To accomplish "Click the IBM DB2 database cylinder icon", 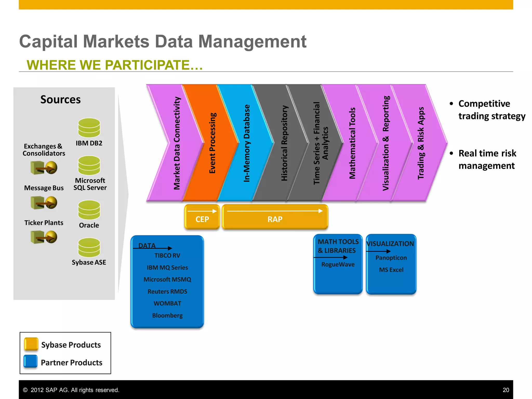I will click(89, 128).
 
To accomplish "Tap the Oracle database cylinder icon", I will click(89, 210).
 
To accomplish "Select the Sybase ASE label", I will click(89, 262).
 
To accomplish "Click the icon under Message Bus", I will click(44, 203).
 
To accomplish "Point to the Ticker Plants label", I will click(44, 223).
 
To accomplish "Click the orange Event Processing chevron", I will click(212, 143).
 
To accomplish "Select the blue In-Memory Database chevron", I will click(247, 143).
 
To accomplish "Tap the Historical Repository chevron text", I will click(284, 143).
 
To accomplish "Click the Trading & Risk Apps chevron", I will click(421, 143).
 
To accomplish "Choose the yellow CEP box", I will click(202, 219).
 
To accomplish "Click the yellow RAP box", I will click(275, 219).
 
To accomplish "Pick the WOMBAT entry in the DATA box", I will click(167, 303).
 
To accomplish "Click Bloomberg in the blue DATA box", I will click(167, 315).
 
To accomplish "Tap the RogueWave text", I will click(338, 264).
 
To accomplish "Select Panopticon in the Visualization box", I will click(391, 258).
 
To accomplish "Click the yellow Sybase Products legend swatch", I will click(31, 344).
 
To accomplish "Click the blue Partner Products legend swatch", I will click(31, 362).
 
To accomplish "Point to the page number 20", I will click(506, 390).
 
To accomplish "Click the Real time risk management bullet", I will click(487, 159).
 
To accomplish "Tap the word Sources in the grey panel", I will click(61, 99).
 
